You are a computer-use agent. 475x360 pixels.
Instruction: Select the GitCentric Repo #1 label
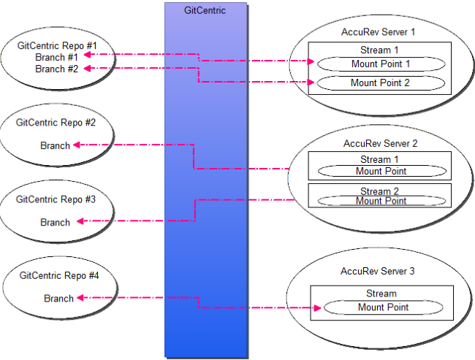click(56, 46)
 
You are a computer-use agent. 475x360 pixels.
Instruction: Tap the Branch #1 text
click(56, 58)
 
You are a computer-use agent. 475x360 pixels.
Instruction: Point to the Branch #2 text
click(56, 69)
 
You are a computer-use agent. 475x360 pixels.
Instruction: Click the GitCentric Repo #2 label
click(56, 123)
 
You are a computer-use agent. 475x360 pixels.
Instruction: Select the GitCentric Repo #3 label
click(56, 199)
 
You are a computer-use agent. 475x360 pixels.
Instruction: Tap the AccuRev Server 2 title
click(380, 143)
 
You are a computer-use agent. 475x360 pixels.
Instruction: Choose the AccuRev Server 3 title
click(378, 271)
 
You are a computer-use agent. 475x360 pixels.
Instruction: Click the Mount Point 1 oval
click(380, 64)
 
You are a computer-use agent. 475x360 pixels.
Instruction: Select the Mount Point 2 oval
click(380, 83)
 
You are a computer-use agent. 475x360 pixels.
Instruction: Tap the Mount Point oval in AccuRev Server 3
click(384, 307)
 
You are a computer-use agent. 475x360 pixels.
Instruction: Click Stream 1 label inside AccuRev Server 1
click(380, 50)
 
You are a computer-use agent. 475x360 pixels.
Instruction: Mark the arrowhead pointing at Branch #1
click(84, 54)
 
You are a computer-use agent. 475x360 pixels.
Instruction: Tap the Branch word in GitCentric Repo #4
click(58, 298)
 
